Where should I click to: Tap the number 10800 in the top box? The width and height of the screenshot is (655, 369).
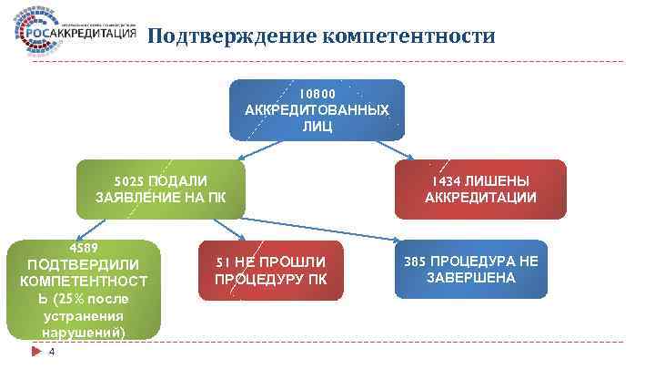[x=317, y=94]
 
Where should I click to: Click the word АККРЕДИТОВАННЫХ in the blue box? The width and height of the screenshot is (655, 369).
[x=317, y=110]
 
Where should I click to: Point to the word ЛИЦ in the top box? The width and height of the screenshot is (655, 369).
[x=317, y=127]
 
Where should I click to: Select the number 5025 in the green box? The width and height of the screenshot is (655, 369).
[x=129, y=180]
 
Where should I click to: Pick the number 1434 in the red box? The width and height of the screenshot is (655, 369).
[x=448, y=180]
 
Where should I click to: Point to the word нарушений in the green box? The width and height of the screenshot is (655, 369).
[x=85, y=332]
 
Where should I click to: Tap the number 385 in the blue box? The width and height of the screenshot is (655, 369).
[x=416, y=261]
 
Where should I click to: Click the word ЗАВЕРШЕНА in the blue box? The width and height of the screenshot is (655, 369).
[x=471, y=277]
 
